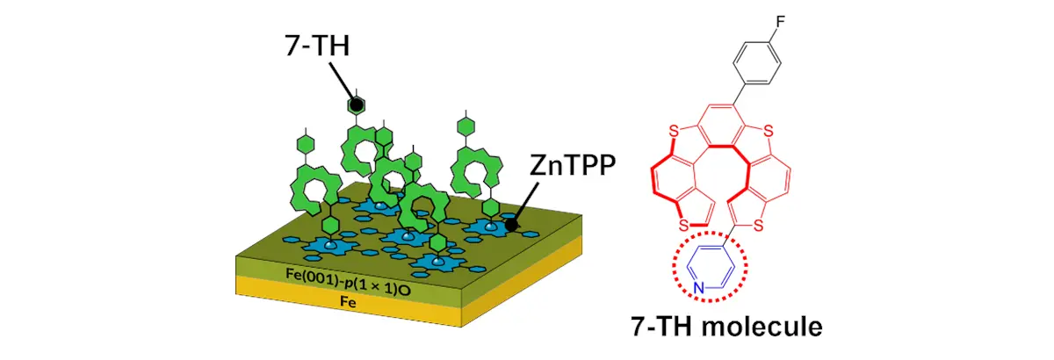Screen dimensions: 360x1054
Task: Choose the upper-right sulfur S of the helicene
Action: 767,131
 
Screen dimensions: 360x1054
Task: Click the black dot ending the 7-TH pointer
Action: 356,105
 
